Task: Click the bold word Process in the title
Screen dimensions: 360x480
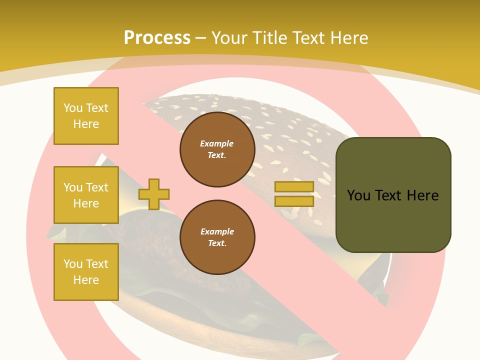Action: (157, 38)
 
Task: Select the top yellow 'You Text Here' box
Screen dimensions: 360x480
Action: (86, 116)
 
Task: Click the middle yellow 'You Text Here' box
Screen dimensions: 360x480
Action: (86, 195)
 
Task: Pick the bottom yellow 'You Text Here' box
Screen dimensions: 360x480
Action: (86, 272)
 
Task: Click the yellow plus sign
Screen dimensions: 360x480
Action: (153, 194)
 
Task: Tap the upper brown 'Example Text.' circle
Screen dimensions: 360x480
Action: (217, 149)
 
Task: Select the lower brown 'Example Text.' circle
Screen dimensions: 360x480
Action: (217, 237)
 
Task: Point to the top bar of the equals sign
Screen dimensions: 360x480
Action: (294, 187)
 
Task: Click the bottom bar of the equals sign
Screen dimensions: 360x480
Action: (294, 201)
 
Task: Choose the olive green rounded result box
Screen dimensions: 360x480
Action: (393, 195)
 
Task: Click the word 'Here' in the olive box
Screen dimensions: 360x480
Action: (422, 195)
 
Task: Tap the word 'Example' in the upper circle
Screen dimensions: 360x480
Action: (217, 143)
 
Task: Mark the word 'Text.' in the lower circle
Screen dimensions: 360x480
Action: (217, 243)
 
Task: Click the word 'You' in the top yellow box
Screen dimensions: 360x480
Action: (72, 108)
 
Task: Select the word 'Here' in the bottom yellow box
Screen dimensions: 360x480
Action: (86, 280)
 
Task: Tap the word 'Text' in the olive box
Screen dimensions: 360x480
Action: (388, 195)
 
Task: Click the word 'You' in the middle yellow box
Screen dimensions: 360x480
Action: (72, 187)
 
